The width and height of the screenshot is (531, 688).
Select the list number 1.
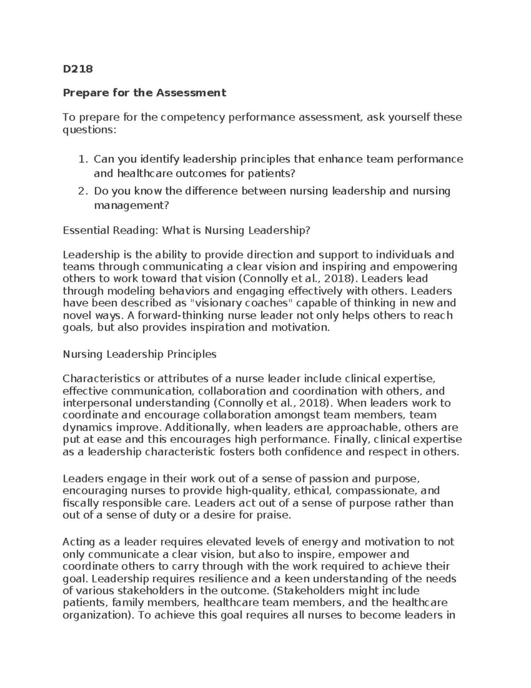click(x=81, y=159)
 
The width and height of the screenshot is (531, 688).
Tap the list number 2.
click(x=81, y=191)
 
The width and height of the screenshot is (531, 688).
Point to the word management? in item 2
click(x=131, y=205)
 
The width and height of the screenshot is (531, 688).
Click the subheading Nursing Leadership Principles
click(x=139, y=354)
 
